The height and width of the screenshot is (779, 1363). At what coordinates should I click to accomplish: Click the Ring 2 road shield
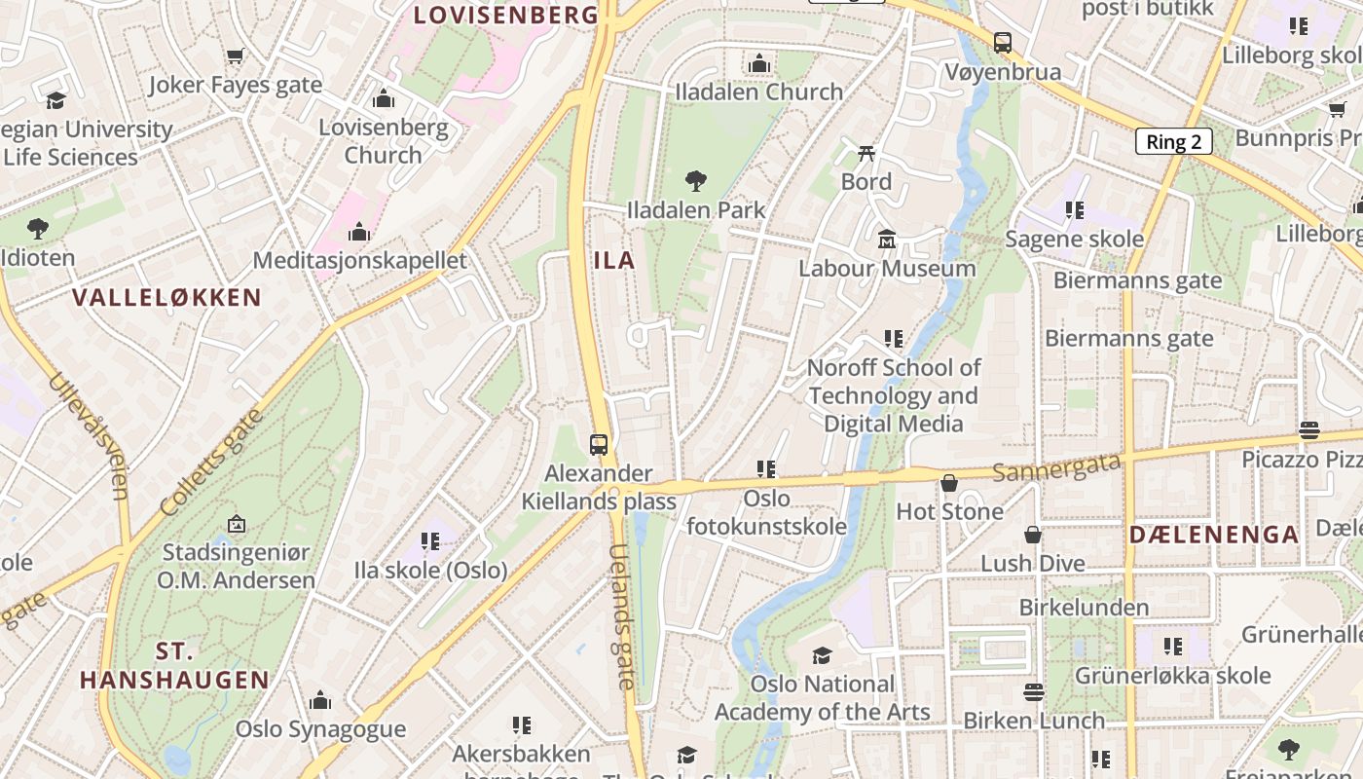click(x=1173, y=141)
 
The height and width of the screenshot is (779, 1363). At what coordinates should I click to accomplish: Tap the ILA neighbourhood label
click(x=614, y=260)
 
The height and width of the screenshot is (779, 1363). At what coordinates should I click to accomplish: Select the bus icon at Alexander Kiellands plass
click(x=599, y=445)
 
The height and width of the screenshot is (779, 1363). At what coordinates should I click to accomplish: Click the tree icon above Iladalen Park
click(x=695, y=180)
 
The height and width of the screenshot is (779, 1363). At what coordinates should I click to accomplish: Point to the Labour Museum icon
click(x=887, y=239)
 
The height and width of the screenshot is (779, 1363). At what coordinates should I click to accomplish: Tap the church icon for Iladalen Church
click(x=759, y=64)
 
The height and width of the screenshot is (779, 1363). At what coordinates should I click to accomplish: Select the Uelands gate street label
click(x=622, y=615)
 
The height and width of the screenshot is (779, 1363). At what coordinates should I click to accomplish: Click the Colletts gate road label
click(x=211, y=463)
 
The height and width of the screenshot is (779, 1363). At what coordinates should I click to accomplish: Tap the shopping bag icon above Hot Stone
click(x=949, y=483)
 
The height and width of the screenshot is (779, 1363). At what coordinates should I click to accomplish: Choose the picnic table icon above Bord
click(x=866, y=153)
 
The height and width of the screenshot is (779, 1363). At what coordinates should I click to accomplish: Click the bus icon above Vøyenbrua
click(x=1003, y=43)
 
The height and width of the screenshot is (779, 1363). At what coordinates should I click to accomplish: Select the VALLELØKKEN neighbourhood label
click(x=167, y=298)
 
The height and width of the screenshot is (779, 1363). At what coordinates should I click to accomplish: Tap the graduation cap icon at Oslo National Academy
click(x=823, y=655)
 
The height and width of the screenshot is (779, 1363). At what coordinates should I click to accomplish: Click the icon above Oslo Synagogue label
click(x=320, y=700)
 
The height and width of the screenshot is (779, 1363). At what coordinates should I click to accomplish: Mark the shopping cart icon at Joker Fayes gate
click(x=235, y=56)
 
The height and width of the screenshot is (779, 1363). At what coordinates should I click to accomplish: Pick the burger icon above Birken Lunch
click(x=1034, y=692)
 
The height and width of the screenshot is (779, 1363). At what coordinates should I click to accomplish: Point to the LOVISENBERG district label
click(x=505, y=15)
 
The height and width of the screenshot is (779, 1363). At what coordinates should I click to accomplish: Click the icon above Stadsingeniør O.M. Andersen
click(x=236, y=524)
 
